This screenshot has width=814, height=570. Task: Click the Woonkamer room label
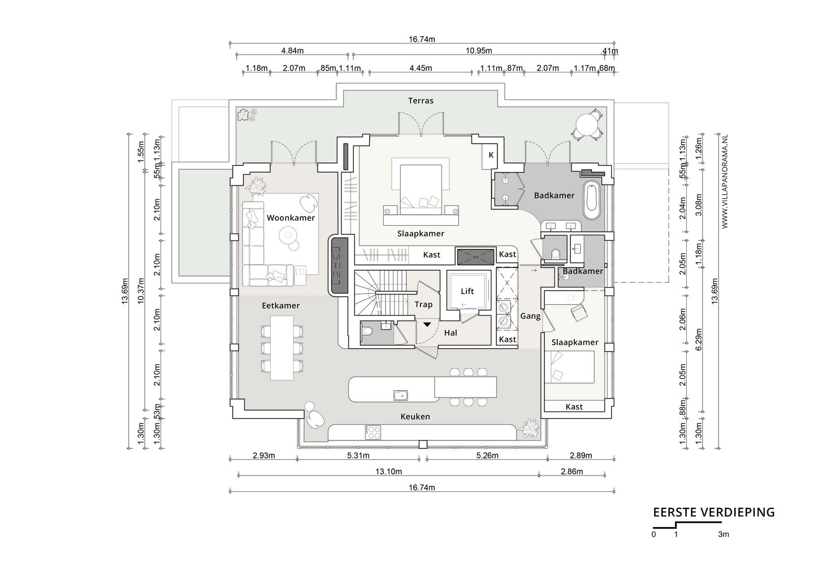[291, 218]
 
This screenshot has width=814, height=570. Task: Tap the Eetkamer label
[281, 305]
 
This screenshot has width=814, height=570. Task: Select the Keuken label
[415, 417]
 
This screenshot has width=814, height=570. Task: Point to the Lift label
[467, 291]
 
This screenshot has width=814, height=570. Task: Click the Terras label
[421, 101]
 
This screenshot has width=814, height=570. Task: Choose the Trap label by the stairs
[424, 305]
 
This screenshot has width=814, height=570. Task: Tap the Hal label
[451, 332]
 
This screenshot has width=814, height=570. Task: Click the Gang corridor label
[531, 316]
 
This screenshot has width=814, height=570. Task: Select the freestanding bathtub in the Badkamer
[592, 201]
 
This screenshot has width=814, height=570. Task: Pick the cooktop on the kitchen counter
[373, 432]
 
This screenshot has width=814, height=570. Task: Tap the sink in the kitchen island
[401, 395]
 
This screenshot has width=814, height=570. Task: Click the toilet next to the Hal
[367, 331]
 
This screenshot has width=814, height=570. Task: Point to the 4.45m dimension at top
[421, 68]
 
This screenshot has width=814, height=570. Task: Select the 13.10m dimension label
[388, 472]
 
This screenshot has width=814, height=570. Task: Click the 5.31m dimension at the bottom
[358, 456]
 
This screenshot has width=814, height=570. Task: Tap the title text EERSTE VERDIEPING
[714, 512]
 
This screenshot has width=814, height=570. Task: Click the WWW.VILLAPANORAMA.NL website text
[725, 182]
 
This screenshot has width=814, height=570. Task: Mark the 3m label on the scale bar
[724, 534]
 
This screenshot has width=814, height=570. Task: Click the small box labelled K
[491, 155]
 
